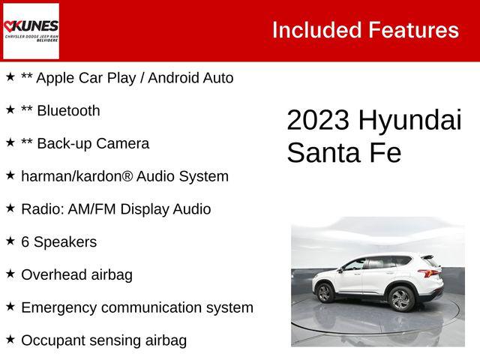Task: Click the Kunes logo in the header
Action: pyautogui.click(x=31, y=30)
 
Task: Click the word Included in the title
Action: pyautogui.click(x=315, y=30)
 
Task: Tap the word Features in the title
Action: pyautogui.click(x=413, y=30)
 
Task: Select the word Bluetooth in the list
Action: pyautogui.click(x=68, y=111)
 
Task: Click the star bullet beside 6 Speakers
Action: pyautogui.click(x=10, y=241)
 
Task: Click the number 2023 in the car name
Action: pyautogui.click(x=318, y=121)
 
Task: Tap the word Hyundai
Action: pyautogui.click(x=409, y=121)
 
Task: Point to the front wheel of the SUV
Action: pyautogui.click(x=325, y=293)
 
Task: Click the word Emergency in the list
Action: pyautogui.click(x=58, y=307)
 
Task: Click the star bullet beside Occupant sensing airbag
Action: pyautogui.click(x=10, y=339)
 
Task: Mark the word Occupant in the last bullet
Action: pyautogui.click(x=52, y=340)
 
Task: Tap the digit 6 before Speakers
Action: pyautogui.click(x=25, y=242)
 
